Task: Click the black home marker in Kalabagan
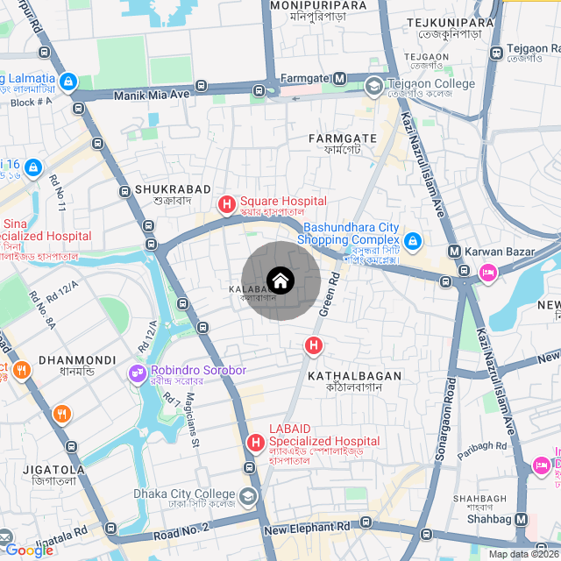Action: click(x=280, y=280)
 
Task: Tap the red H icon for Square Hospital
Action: click(x=227, y=205)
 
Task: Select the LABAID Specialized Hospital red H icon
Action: click(x=256, y=443)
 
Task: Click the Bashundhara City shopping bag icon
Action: click(x=413, y=240)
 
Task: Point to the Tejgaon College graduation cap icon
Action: click(x=374, y=85)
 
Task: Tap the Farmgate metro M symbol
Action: click(x=340, y=79)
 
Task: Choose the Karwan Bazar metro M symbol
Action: click(x=455, y=252)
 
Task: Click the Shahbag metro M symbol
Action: click(x=522, y=519)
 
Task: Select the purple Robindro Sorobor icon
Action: click(x=138, y=373)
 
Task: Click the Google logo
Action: click(x=29, y=550)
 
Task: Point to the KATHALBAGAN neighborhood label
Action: click(x=354, y=375)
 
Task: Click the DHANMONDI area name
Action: click(x=77, y=359)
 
